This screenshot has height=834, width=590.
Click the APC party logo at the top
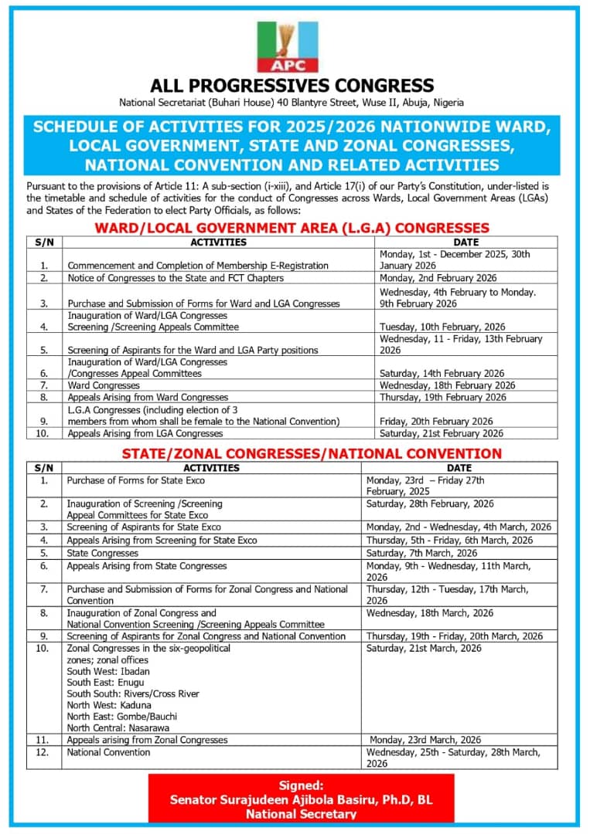(287, 46)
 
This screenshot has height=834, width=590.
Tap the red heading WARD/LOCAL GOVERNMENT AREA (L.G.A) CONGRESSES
(292, 228)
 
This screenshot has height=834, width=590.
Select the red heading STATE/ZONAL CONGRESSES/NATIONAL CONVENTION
(312, 453)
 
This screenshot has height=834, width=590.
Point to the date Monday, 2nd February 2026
(438, 278)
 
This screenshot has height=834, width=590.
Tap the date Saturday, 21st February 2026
(441, 434)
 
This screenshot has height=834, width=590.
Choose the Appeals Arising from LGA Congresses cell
(145, 434)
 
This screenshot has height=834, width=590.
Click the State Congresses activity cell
(103, 553)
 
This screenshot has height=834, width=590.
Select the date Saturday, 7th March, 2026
(421, 553)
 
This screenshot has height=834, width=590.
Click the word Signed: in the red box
(301, 785)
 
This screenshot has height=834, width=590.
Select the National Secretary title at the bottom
(301, 814)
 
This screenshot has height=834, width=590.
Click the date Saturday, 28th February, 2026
(430, 503)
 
